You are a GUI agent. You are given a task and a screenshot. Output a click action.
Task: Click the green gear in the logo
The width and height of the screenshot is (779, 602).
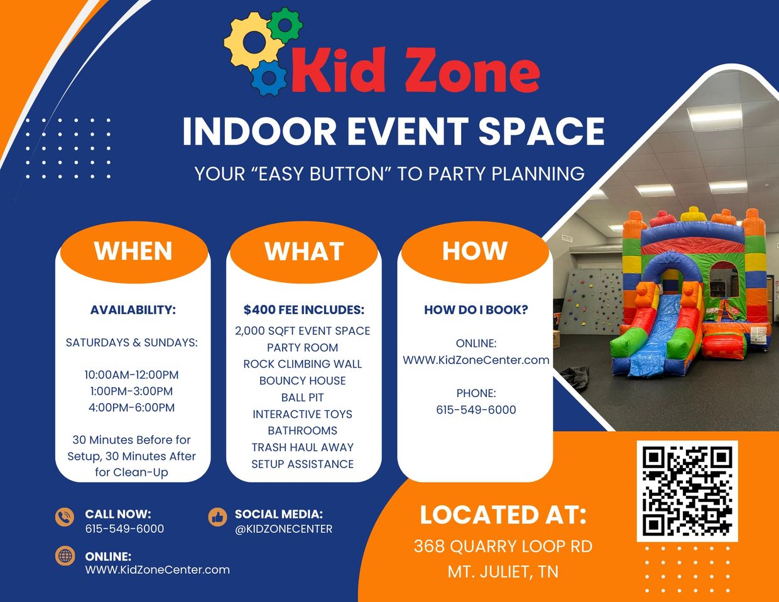pyautogui.click(x=285, y=26)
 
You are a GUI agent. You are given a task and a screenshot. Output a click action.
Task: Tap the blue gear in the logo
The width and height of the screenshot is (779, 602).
pyautogui.click(x=269, y=78)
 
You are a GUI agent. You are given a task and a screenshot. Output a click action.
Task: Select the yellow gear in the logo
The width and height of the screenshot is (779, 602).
pyautogui.click(x=253, y=42)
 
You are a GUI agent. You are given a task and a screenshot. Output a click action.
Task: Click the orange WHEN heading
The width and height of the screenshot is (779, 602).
pyautogui.click(x=133, y=251)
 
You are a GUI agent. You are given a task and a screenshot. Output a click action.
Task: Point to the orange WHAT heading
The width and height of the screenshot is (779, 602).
pyautogui.click(x=304, y=251)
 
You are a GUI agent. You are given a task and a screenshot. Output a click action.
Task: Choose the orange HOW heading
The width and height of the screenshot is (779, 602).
pyautogui.click(x=475, y=251)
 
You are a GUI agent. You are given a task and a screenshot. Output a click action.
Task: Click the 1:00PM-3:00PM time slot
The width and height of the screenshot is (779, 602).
pyautogui.click(x=131, y=391)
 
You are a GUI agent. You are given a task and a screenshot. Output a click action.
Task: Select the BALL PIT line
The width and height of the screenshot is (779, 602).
pyautogui.click(x=303, y=398)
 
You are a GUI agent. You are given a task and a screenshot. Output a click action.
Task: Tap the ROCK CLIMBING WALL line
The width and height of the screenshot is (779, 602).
pyautogui.click(x=303, y=364)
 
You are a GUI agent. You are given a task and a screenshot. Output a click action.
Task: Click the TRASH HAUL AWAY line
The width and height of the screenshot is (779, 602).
pyautogui.click(x=303, y=447)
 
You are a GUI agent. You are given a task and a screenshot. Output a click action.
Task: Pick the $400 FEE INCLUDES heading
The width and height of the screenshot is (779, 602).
pyautogui.click(x=304, y=310)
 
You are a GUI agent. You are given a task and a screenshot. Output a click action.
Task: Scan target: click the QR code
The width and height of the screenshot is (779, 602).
pyautogui.click(x=687, y=491)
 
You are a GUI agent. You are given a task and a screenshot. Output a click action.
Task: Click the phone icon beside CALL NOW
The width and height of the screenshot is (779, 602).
pyautogui.click(x=65, y=517)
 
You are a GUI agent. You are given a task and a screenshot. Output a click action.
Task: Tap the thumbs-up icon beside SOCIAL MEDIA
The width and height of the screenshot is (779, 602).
pyautogui.click(x=217, y=517)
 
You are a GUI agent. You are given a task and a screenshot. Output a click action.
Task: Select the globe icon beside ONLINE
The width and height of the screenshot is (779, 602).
pyautogui.click(x=65, y=555)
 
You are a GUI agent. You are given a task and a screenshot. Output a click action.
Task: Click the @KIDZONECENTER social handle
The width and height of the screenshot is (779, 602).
pyautogui.click(x=283, y=529)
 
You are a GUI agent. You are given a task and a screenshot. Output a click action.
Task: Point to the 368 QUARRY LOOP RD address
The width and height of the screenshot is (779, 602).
pyautogui.click(x=503, y=547)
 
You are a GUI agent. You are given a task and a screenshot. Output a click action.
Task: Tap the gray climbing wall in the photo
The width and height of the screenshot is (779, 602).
pyautogui.click(x=592, y=301)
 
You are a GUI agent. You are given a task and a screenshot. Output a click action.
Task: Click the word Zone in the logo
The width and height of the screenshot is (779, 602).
pyautogui.click(x=472, y=71)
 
